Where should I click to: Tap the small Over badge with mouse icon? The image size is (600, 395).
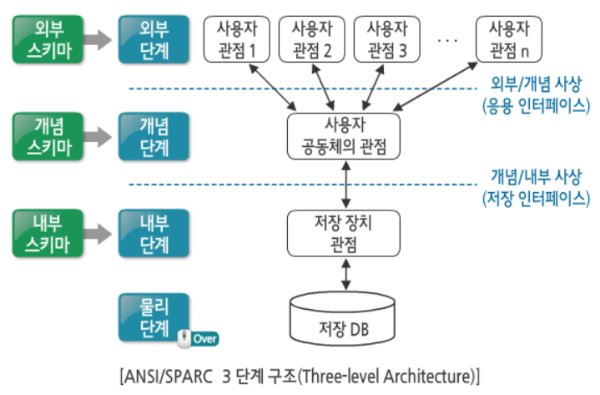click(199, 338)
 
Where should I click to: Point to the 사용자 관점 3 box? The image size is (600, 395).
click(386, 38)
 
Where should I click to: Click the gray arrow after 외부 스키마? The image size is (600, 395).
click(98, 38)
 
